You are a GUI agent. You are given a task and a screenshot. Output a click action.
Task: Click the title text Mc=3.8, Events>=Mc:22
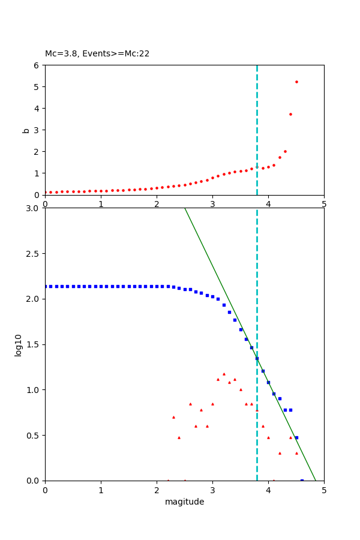[x=97, y=54]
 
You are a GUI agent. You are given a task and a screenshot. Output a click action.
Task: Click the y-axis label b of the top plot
[x=26, y=130]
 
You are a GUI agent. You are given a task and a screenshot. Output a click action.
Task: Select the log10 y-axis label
[x=19, y=345]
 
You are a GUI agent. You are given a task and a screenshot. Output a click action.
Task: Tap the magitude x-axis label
[x=184, y=502]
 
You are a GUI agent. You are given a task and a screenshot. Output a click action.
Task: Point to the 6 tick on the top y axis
[x=37, y=65]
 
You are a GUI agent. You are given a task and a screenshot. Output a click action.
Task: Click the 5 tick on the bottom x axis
[x=324, y=490]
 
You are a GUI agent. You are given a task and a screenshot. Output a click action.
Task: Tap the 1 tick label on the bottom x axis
[x=101, y=490]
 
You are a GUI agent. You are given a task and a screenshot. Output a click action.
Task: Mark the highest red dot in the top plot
[x=296, y=82]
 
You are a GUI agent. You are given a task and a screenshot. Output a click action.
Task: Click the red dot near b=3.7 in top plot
[x=290, y=114]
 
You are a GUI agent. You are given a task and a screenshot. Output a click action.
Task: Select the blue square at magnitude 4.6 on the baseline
[x=302, y=480]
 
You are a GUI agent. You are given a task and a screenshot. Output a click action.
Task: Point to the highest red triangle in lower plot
[x=224, y=374]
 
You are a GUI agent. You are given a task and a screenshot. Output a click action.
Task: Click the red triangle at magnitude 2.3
[x=173, y=417]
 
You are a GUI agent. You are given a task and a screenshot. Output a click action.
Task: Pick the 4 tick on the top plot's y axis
[x=37, y=109]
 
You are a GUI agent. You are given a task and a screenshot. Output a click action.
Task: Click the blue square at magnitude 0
[x=46, y=286]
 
